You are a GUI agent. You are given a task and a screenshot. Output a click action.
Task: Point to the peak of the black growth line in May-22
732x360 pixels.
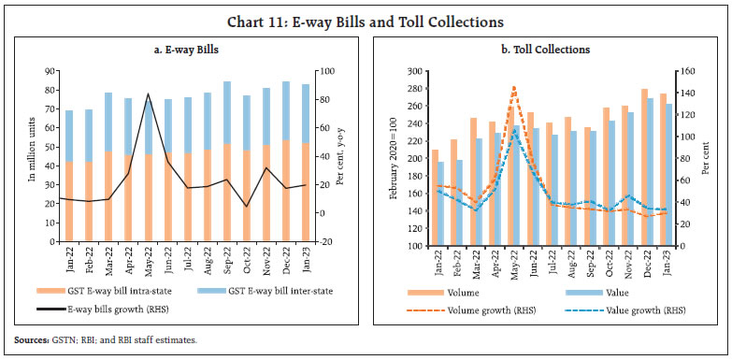pyautogui.click(x=148, y=94)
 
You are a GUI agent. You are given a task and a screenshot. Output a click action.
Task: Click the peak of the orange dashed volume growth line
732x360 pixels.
pyautogui.click(x=513, y=87)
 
